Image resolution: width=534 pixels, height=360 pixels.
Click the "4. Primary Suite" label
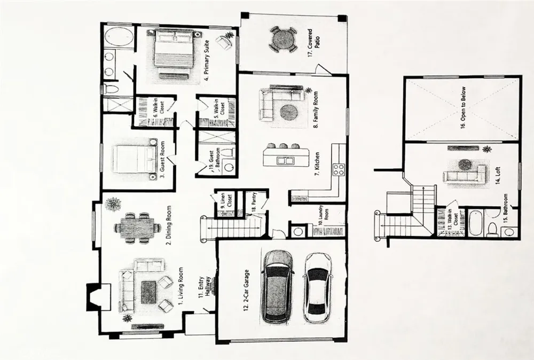pos(207,60)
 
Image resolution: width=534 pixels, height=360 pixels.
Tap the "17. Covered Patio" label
pos(312,43)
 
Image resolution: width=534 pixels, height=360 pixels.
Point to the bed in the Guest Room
pos(134,159)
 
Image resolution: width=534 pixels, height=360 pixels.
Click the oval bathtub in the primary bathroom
pos(119,37)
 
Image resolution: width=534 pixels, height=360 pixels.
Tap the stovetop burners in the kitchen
pos(339,169)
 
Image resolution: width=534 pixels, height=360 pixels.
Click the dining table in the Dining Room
pos(137,228)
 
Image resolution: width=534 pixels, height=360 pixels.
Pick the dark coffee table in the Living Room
pos(149,292)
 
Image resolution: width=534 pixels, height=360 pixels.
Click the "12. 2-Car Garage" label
pos(247,291)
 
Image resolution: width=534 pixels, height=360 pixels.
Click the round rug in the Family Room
pos(289,112)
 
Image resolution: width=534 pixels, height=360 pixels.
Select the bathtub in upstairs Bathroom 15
pos(475,223)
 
